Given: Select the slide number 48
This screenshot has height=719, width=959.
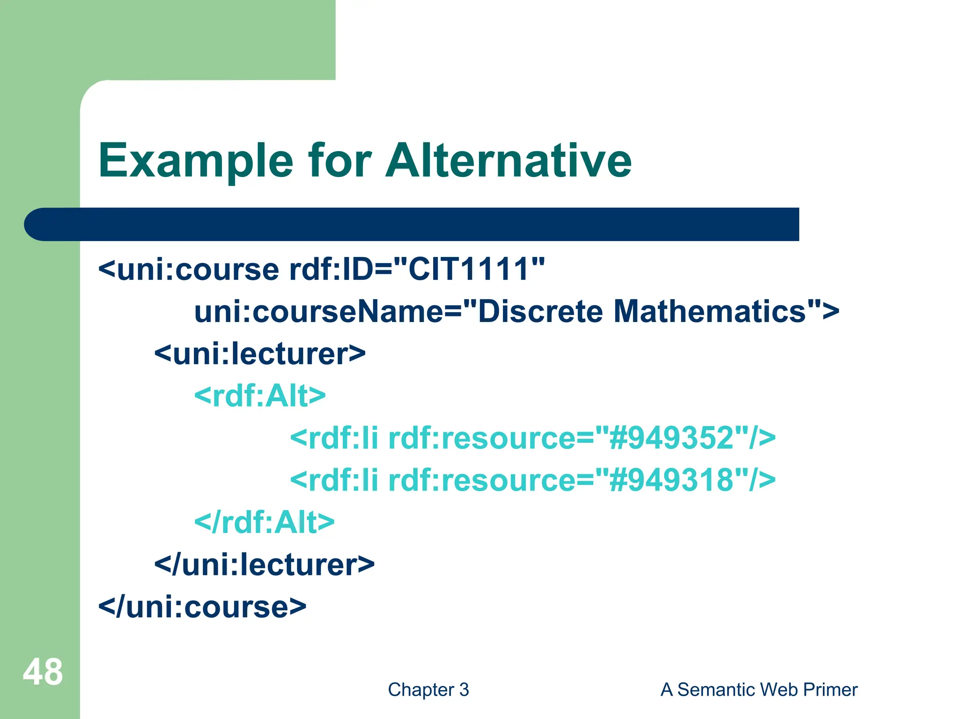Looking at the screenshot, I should [43, 672].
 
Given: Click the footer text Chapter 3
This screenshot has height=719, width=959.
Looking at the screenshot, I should [428, 690].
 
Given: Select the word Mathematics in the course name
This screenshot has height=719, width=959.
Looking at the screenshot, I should [709, 312].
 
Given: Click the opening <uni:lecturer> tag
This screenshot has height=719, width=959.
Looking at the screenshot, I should [260, 354].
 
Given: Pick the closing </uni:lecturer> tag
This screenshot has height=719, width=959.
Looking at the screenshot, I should [265, 565].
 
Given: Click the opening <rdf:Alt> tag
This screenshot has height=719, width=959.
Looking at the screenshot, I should [260, 396].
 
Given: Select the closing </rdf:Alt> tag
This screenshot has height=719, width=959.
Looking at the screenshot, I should [265, 522].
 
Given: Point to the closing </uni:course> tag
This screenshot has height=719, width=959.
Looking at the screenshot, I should [202, 607].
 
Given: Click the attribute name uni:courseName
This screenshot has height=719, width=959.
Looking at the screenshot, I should [318, 312].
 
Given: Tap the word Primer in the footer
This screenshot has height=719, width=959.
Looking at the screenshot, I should [830, 690].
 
